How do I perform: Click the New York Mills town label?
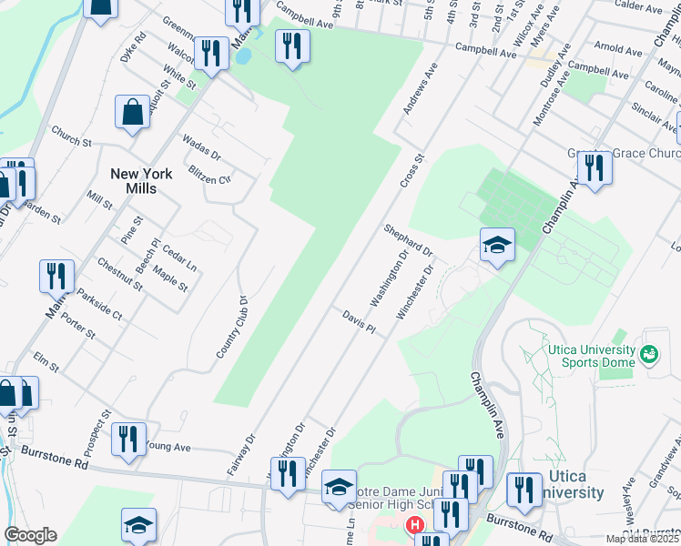tap(133, 180)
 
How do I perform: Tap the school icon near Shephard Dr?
tap(498, 245)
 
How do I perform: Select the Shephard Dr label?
tap(407, 238)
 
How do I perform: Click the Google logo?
tap(31, 535)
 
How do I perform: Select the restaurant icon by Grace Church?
tap(595, 169)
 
